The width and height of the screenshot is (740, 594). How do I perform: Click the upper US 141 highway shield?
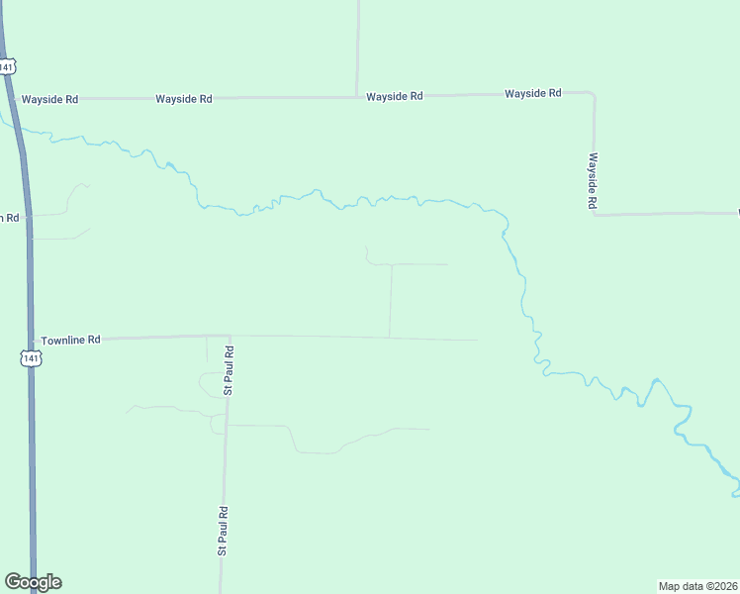click(x=8, y=66)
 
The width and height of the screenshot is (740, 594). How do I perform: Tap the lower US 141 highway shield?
click(x=32, y=358)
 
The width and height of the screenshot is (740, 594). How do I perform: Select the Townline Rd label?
click(x=71, y=340)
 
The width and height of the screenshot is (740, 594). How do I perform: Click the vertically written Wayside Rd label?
click(x=593, y=180)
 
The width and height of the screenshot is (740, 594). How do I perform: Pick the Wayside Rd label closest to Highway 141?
click(x=49, y=99)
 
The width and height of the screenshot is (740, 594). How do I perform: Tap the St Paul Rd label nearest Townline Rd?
click(x=229, y=370)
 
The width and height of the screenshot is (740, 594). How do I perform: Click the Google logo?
click(x=33, y=582)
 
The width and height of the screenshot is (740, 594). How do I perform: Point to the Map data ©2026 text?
click(x=697, y=586)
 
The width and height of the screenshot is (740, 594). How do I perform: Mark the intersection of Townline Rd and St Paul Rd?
click(x=230, y=337)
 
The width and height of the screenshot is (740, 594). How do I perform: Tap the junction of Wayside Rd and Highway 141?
click(x=14, y=99)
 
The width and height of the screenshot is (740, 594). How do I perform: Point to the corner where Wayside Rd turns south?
click(x=592, y=94)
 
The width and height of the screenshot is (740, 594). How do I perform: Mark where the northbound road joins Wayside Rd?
click(x=357, y=96)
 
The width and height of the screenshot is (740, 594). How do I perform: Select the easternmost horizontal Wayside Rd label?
click(x=533, y=93)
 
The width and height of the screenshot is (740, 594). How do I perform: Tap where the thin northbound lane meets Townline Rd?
click(x=389, y=338)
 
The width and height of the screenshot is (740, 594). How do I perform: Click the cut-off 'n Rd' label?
click(x=10, y=218)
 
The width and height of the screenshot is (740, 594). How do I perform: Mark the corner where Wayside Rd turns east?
click(x=595, y=214)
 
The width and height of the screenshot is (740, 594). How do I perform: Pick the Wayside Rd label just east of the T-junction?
click(x=395, y=96)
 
